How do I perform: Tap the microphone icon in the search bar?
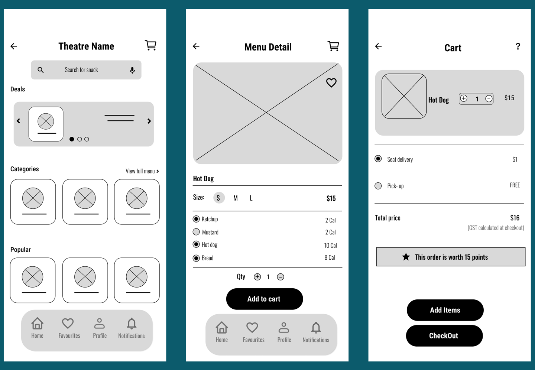132,70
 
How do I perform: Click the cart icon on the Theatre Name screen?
150,45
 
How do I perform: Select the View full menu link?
142,171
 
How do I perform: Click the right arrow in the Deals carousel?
149,121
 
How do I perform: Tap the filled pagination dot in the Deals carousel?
72,139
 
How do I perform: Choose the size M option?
236,198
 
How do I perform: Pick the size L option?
251,198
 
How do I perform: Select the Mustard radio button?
196,232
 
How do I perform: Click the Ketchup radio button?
196,219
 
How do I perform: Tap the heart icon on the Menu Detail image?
331,82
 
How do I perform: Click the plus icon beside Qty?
257,277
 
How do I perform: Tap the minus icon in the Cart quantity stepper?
489,99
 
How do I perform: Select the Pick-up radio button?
378,186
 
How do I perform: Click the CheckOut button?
444,336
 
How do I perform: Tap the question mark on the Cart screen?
518,46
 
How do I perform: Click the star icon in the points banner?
406,257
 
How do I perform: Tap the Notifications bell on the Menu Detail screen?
316,328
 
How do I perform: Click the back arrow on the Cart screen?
379,46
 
